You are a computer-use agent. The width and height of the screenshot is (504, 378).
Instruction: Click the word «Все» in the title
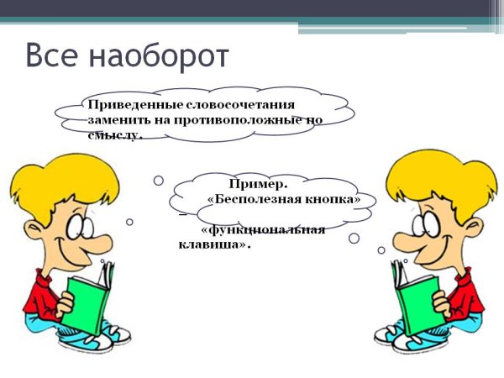pos(54,55)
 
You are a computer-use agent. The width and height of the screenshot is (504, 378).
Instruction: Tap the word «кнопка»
pos(331,200)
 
